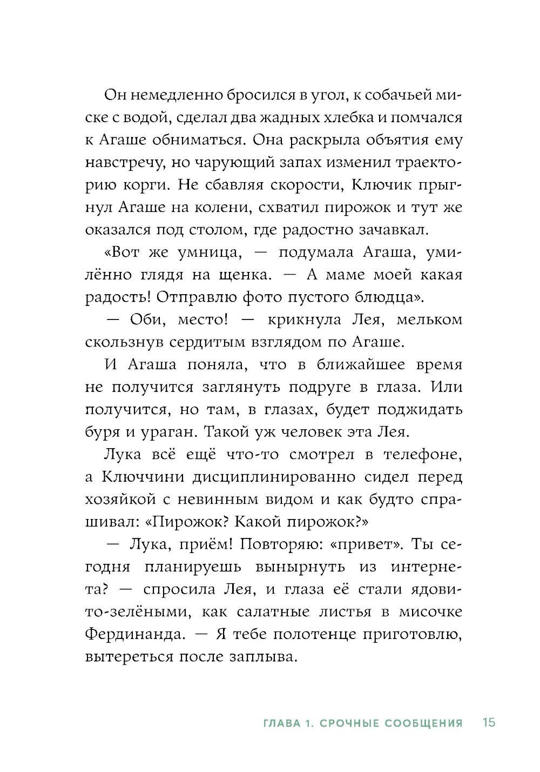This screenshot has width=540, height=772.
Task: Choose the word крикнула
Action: coord(309,320)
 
